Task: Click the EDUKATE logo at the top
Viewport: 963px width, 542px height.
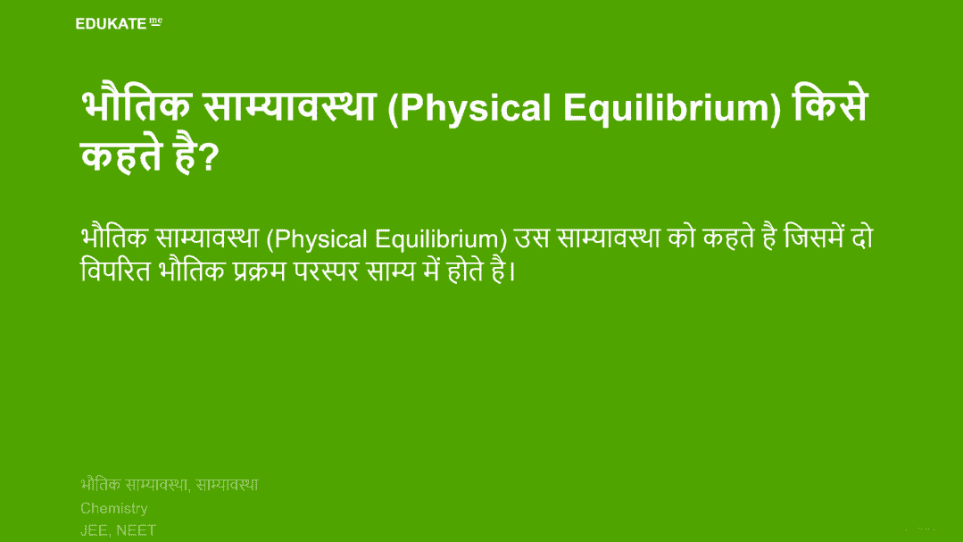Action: (x=119, y=23)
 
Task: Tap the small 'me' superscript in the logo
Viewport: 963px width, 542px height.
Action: (x=156, y=21)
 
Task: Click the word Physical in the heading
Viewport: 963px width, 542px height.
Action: (x=476, y=109)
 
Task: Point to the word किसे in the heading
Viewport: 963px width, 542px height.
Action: (x=830, y=104)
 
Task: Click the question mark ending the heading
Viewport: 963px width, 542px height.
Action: (x=210, y=157)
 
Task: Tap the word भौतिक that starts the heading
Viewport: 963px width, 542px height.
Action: (x=136, y=104)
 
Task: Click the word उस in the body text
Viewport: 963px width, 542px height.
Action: (x=531, y=238)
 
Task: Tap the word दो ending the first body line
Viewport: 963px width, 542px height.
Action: (x=862, y=237)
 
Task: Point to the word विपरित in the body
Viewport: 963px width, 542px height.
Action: (x=115, y=270)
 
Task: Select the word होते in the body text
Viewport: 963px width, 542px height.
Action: (x=466, y=270)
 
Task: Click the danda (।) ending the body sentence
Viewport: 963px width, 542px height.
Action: (x=513, y=271)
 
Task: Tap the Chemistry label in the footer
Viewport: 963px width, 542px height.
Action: (x=114, y=509)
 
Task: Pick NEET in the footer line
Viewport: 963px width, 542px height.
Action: (x=136, y=530)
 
